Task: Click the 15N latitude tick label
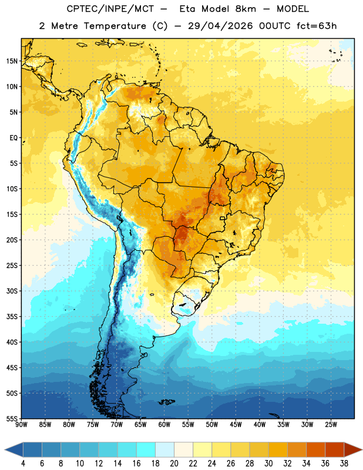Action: tap(12, 61)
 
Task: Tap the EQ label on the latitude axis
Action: tap(14, 138)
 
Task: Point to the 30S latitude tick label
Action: tap(12, 291)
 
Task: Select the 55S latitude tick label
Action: tap(12, 418)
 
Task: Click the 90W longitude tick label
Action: tap(21, 424)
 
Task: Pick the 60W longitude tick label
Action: tap(164, 424)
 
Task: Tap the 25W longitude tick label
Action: tap(331, 424)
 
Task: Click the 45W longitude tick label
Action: tap(236, 424)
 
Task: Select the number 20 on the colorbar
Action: tap(174, 464)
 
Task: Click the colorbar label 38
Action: tap(344, 464)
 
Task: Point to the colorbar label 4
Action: tap(23, 464)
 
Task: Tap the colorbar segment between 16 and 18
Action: tap(146, 449)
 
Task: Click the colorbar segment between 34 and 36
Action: tap(315, 449)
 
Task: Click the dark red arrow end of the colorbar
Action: tap(352, 449)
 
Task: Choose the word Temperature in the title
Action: tap(115, 26)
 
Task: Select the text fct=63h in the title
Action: tap(317, 26)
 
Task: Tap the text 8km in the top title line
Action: tap(246, 9)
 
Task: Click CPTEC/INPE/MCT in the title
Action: tap(110, 9)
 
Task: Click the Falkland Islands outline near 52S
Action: tap(167, 402)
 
